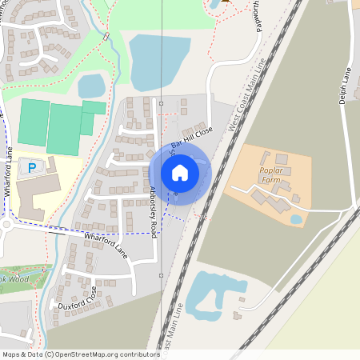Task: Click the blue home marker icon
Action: [x=179, y=172]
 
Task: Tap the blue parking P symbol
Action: [x=32, y=167]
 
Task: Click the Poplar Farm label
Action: [x=274, y=174]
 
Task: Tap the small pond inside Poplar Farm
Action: [x=296, y=218]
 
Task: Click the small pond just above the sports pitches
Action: [x=91, y=85]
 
